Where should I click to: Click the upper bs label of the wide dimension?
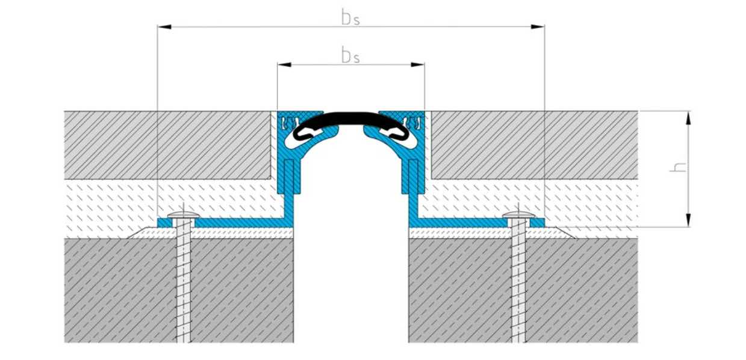pos(350,17)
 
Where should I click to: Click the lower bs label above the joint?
pos(350,56)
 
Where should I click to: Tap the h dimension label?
pos(679,167)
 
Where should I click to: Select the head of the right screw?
pos(519,214)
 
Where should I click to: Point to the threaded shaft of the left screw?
pos(184,283)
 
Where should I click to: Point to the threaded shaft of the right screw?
pos(519,283)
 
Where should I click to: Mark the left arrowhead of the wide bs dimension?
pos(164,26)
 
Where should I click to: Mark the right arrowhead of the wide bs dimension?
pos(537,26)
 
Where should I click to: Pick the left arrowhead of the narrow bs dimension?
pos(284,64)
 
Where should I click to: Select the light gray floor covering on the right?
pos(536,144)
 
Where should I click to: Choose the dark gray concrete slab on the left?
pos(120,289)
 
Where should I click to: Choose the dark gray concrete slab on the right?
pos(578,289)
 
